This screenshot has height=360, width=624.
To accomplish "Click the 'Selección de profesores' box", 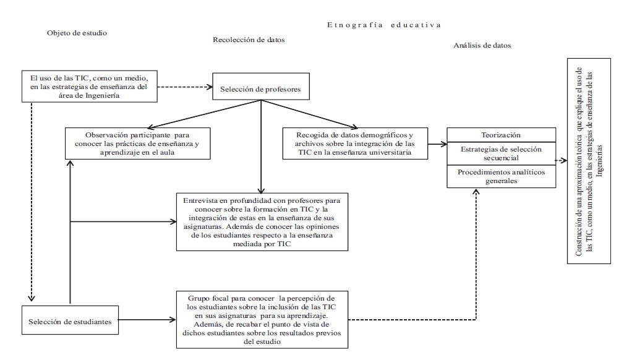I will pyautogui.click(x=260, y=89).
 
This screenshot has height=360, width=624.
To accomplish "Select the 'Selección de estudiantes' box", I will pyautogui.click(x=69, y=321).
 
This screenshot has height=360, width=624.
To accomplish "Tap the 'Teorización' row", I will pyautogui.click(x=501, y=135).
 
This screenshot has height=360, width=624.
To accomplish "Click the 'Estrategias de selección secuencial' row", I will pyautogui.click(x=501, y=153).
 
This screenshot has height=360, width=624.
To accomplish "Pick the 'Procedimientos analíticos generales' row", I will pyautogui.click(x=501, y=177).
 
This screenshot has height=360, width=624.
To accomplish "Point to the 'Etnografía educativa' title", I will pyautogui.click(x=384, y=25).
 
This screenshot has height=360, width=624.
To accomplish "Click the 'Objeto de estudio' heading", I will pyautogui.click(x=77, y=33).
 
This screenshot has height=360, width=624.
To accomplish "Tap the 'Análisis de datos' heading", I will pyautogui.click(x=482, y=45).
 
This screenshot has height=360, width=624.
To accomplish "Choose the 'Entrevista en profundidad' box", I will pyautogui.click(x=262, y=222).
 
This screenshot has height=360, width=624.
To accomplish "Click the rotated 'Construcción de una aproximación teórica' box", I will pyautogui.click(x=588, y=161).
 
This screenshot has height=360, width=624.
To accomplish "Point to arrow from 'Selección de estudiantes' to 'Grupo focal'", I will pyautogui.click(x=145, y=320).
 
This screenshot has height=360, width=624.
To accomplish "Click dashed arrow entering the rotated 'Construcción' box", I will pyautogui.click(x=561, y=160).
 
